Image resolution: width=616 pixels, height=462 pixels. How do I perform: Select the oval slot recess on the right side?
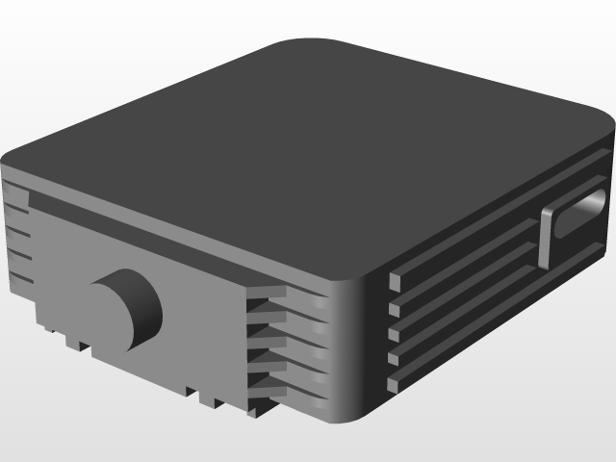(x=577, y=219)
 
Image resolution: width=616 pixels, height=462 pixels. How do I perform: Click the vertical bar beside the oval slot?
(x=547, y=236)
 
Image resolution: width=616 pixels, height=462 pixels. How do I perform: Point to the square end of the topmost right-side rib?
(x=394, y=281)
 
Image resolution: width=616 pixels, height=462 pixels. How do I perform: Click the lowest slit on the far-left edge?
(x=21, y=280)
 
